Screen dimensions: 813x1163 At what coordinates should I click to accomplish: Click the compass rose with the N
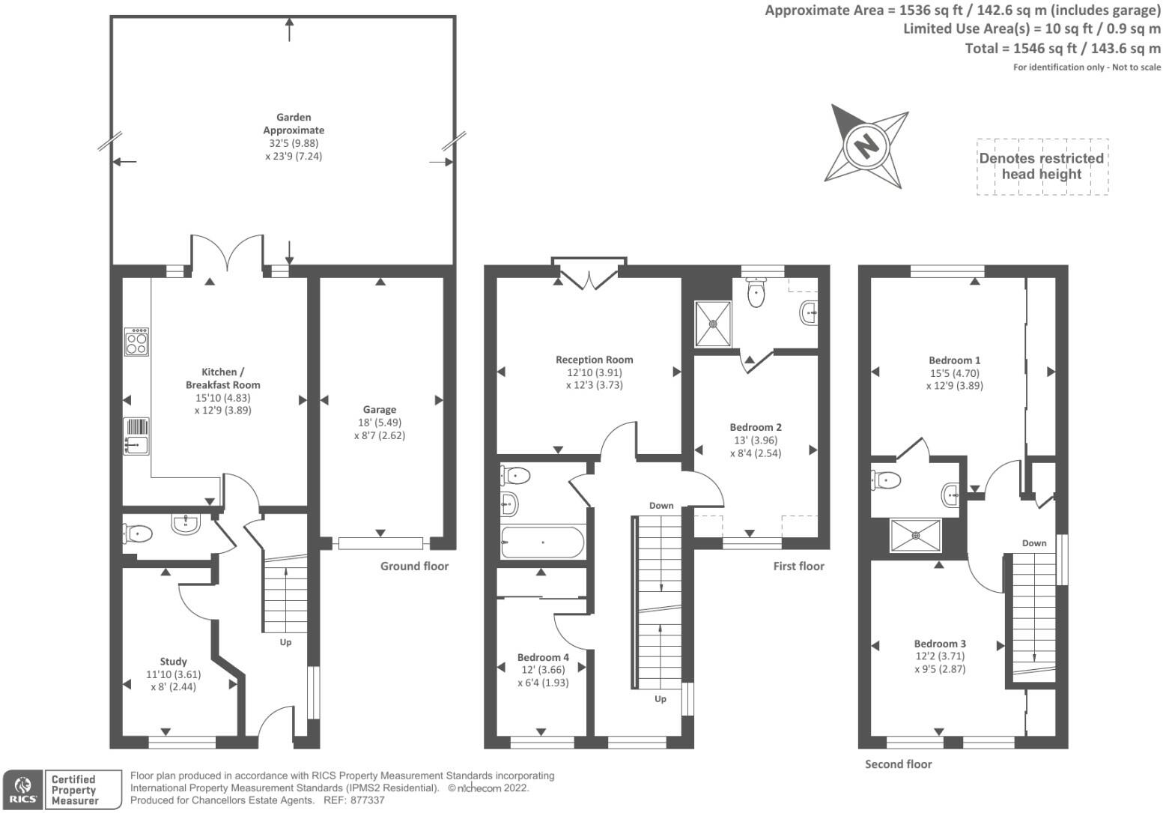click(866, 146)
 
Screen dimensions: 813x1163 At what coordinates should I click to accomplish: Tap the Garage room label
click(379, 410)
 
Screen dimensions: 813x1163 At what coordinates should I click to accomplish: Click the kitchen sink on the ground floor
click(136, 436)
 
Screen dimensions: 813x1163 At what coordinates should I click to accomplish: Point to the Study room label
click(173, 662)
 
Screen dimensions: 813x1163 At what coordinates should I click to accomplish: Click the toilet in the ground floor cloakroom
click(138, 534)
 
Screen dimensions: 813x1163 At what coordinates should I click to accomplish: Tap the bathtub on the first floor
click(542, 542)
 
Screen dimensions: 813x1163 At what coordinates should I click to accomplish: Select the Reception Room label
click(594, 360)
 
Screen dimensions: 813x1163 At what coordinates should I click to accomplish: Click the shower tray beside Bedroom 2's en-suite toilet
click(712, 324)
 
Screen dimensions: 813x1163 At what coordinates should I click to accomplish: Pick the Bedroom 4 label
click(543, 658)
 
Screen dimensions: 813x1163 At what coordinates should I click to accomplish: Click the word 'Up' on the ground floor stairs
click(285, 642)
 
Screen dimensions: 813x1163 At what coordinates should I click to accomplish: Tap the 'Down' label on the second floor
click(1034, 543)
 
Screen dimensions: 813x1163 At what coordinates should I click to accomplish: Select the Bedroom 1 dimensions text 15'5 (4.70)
click(954, 373)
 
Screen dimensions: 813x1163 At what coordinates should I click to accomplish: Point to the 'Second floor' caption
click(898, 764)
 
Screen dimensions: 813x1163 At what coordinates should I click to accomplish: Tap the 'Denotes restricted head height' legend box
click(1042, 166)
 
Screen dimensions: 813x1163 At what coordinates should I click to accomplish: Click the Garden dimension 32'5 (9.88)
click(294, 143)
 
